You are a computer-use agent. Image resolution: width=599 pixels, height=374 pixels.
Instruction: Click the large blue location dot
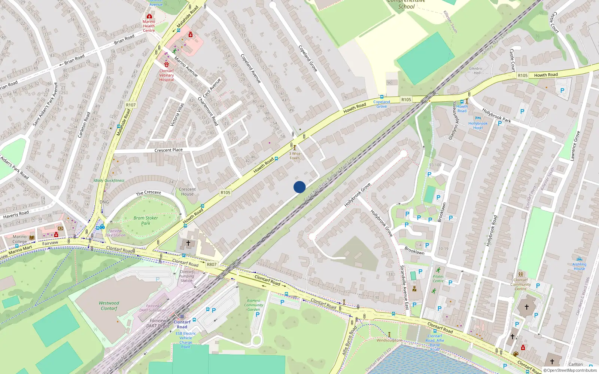(299, 187)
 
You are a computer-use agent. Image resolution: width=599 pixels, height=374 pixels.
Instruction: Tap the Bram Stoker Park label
(146, 221)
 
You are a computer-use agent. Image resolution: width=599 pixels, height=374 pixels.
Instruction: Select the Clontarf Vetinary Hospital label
(167, 75)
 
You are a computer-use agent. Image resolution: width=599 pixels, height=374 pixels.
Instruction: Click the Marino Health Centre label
(149, 26)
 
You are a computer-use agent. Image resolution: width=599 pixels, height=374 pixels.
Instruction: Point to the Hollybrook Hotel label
(478, 126)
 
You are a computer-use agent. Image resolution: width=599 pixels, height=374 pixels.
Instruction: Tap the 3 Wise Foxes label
(295, 156)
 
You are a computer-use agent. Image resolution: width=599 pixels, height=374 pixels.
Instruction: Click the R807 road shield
(212, 264)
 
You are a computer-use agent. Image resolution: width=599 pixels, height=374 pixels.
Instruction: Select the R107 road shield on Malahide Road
(131, 105)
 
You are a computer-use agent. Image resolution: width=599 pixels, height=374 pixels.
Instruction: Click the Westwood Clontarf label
(109, 306)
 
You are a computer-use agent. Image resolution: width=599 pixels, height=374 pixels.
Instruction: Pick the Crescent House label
(187, 191)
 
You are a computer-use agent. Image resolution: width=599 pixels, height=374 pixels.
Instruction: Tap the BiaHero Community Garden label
(253, 305)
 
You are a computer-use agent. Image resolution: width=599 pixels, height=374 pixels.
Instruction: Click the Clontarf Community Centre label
(520, 284)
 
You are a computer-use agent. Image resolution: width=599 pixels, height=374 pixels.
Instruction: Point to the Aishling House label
(579, 266)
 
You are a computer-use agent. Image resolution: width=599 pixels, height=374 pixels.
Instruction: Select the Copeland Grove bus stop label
(381, 104)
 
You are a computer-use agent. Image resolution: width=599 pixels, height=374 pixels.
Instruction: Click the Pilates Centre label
(438, 279)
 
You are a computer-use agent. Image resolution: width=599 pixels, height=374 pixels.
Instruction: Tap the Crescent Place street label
(168, 150)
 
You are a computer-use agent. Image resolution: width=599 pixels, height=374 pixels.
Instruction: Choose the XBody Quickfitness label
(109, 180)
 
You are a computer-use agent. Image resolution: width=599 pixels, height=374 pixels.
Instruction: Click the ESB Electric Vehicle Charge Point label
(186, 340)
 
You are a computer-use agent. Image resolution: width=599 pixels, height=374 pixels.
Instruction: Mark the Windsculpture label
(389, 340)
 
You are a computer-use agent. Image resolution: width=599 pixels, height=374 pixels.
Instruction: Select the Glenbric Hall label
(476, 71)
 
